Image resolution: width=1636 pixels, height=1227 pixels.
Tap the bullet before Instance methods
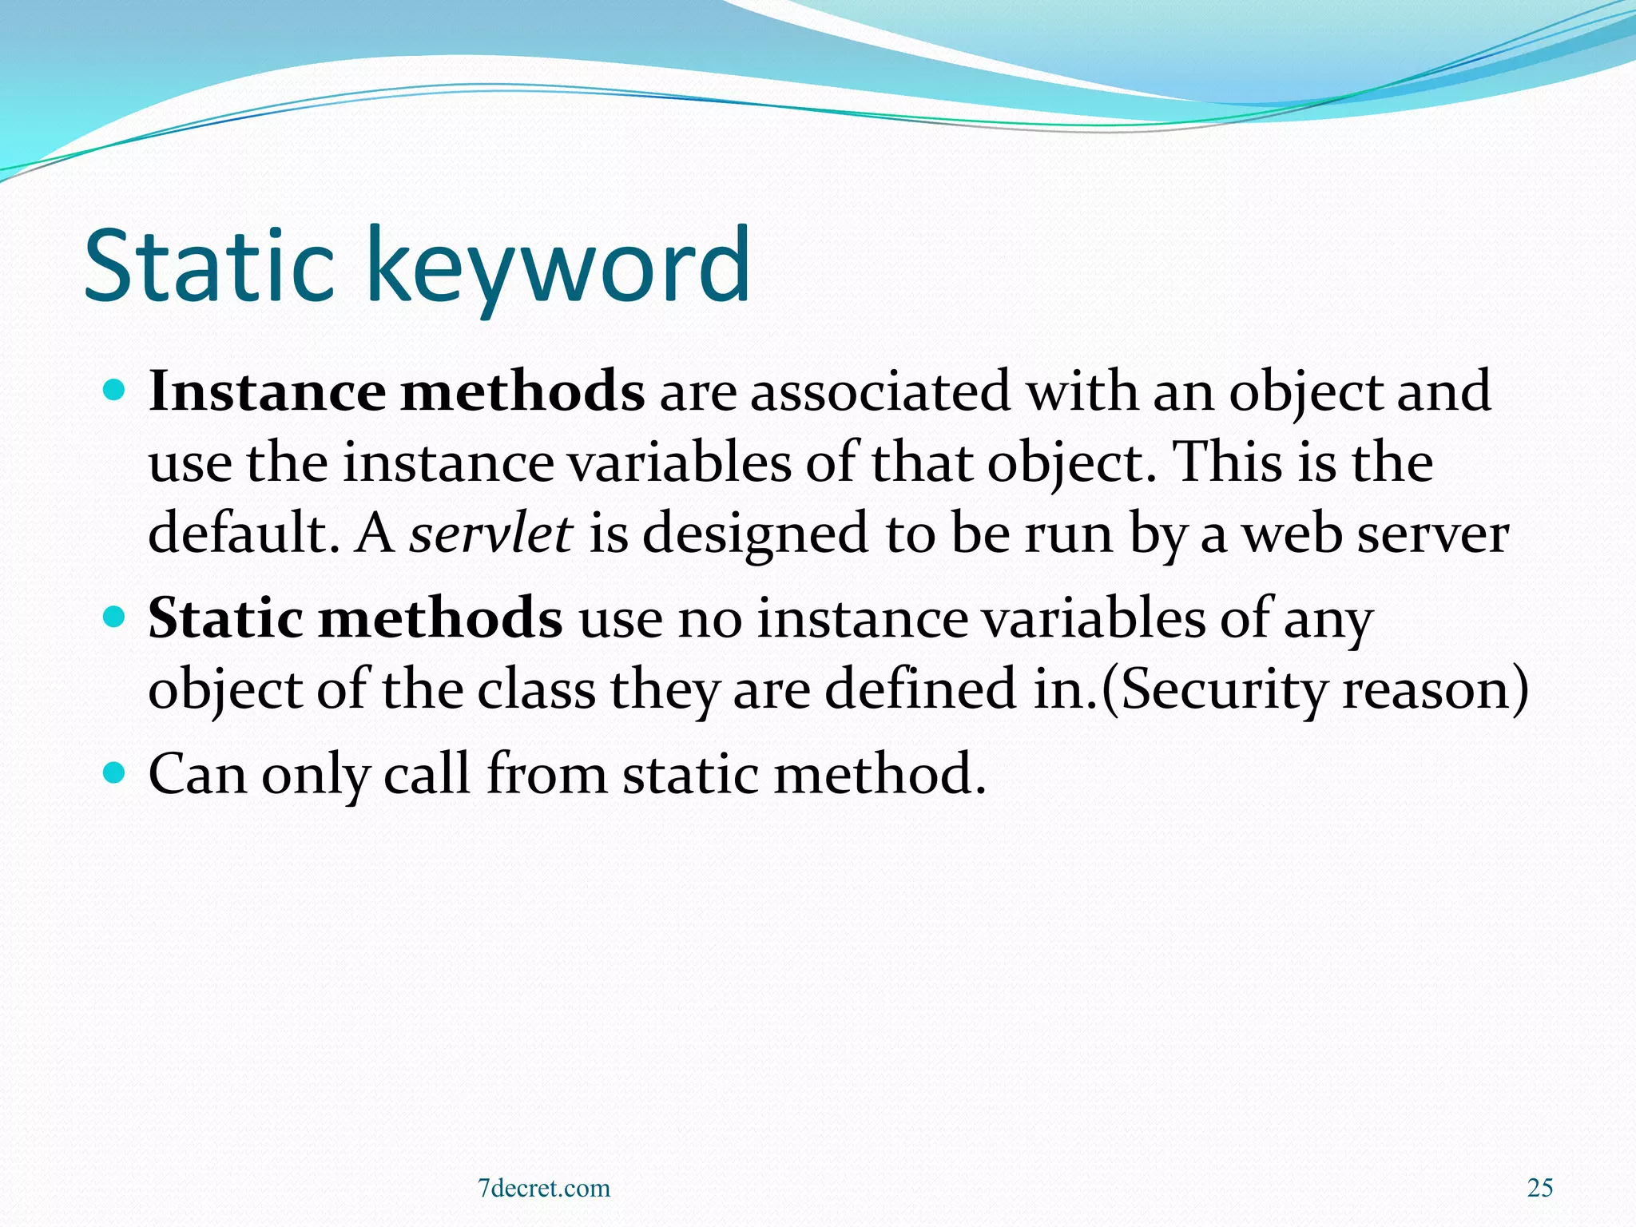[116, 391]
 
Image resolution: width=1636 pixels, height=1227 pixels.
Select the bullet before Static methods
[116, 617]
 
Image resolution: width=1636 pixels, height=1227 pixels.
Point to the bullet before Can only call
[116, 772]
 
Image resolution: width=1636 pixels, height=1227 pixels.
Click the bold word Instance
[267, 391]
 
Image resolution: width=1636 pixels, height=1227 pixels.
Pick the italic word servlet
[490, 533]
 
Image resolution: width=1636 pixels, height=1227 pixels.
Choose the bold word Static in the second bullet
[226, 618]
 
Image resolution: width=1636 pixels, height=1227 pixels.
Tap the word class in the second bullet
[536, 689]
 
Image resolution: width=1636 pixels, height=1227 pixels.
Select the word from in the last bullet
[546, 773]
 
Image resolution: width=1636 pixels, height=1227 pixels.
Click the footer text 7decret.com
[543, 1188]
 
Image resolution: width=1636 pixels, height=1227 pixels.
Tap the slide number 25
[1540, 1188]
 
